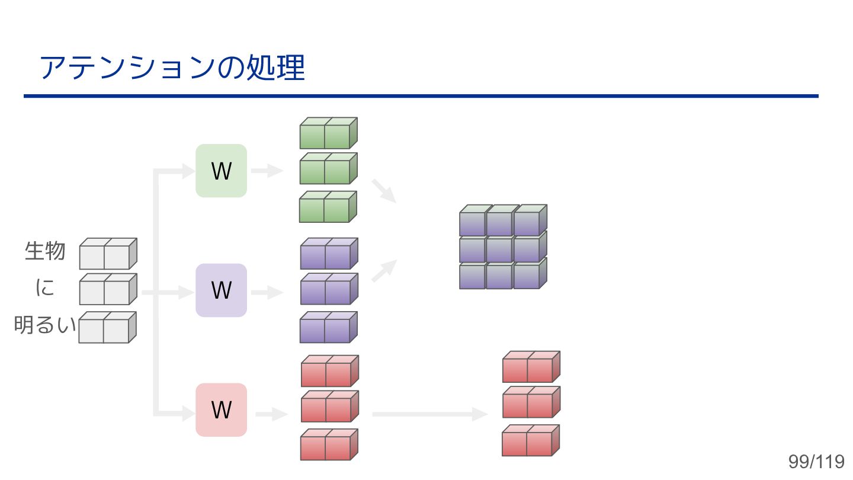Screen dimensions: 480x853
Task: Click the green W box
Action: pos(221,171)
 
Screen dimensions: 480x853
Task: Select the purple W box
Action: pos(221,290)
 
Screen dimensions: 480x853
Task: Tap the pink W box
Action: pos(221,409)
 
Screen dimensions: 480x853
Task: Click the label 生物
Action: pos(45,251)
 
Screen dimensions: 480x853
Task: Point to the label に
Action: pos(45,289)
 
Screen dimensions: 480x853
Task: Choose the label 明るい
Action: pos(45,325)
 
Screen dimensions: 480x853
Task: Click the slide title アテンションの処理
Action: pos(172,68)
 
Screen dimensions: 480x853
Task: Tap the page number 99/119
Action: pos(816,462)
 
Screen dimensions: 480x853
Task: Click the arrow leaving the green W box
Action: pos(267,171)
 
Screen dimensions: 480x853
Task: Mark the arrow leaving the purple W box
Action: pos(267,292)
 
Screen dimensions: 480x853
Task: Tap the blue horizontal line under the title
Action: pos(421,96)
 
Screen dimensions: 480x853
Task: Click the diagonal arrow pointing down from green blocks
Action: pos(384,190)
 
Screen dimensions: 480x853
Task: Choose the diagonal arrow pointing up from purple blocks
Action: pos(384,270)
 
